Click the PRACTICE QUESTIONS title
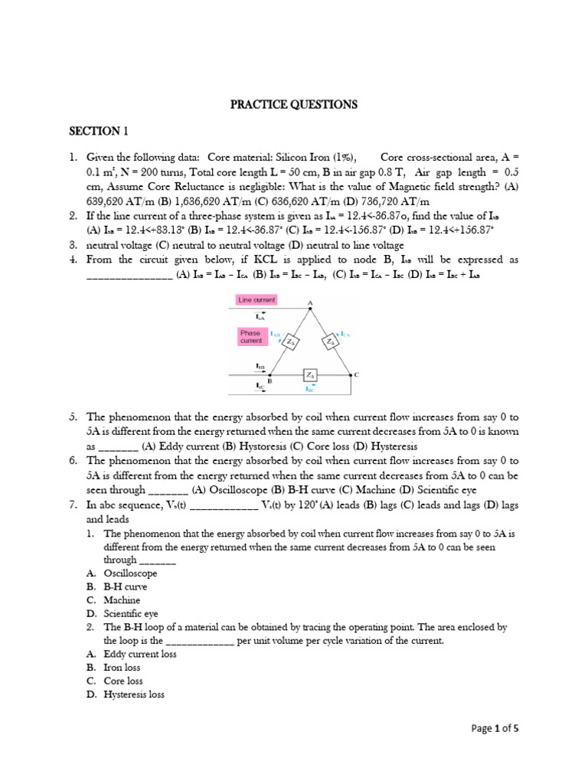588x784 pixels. [294, 104]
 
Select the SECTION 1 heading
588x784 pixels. [99, 131]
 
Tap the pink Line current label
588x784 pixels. [257, 299]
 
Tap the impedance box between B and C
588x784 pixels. [310, 374]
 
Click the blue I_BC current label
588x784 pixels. [310, 389]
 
